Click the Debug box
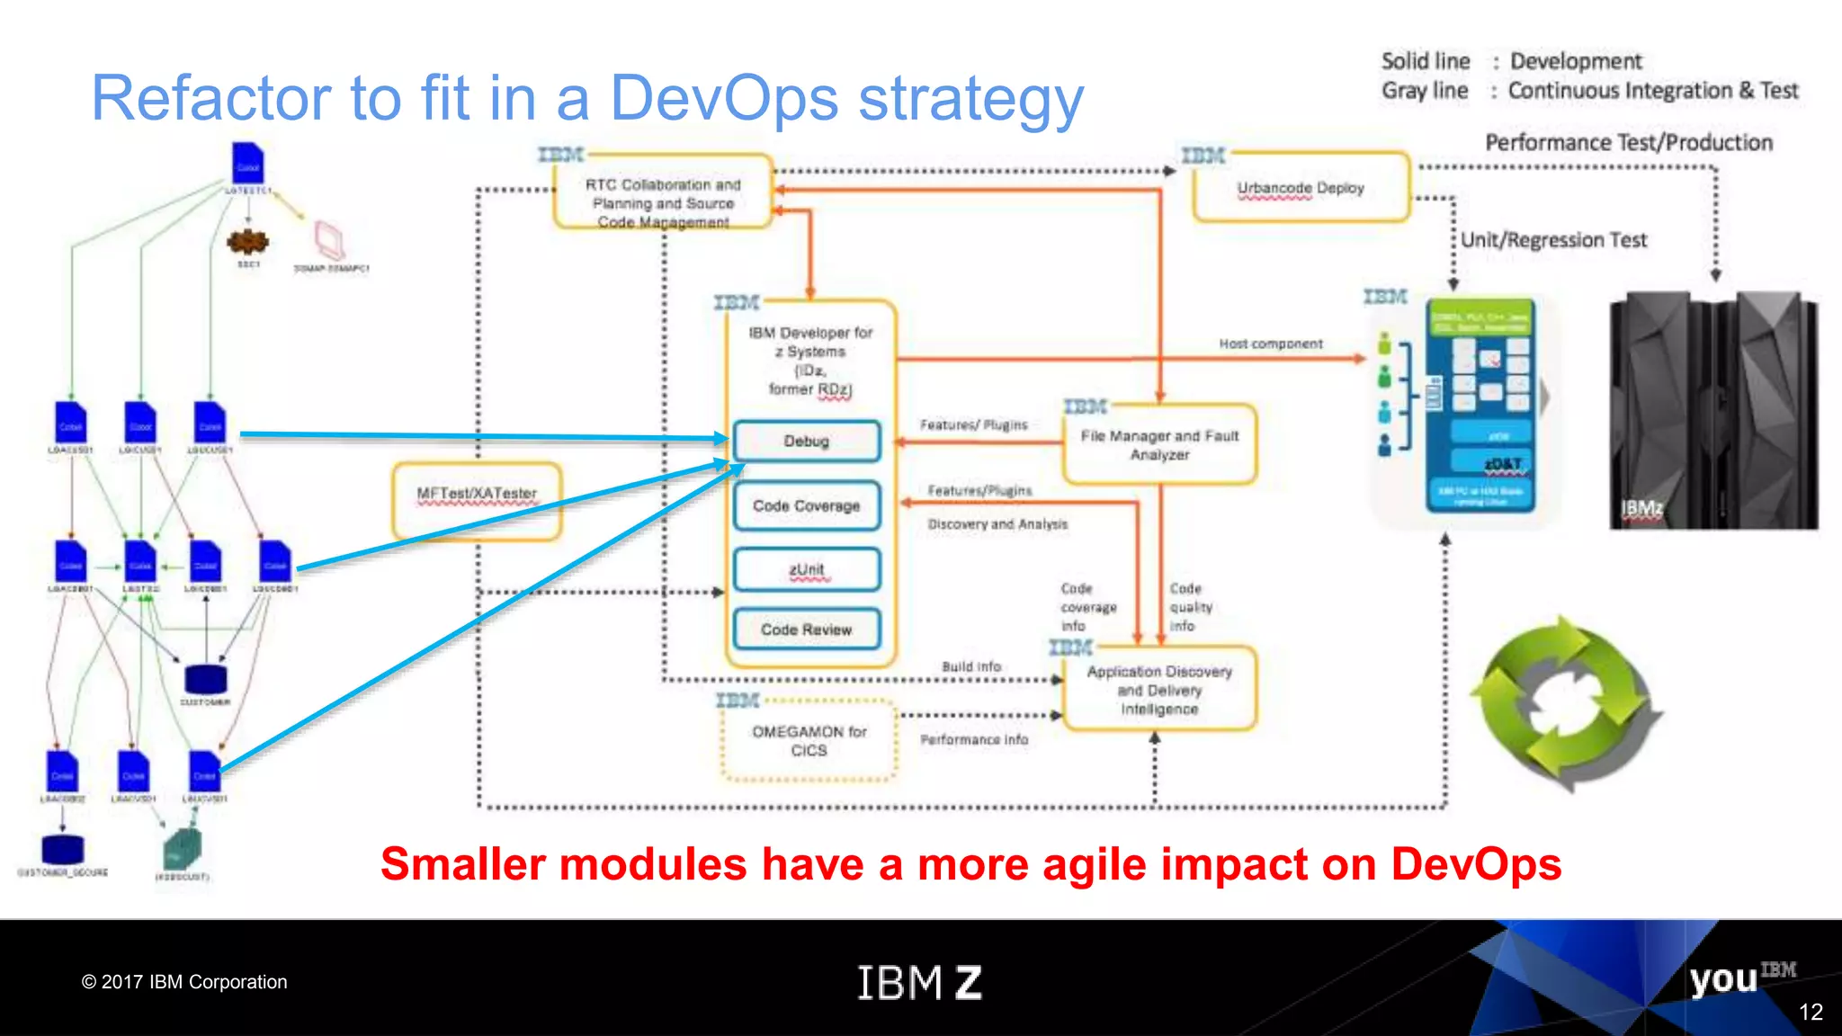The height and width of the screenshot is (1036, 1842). pyautogui.click(x=807, y=441)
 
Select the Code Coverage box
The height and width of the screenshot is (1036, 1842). pyautogui.click(x=807, y=505)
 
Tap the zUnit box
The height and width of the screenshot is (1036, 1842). pyautogui.click(x=807, y=569)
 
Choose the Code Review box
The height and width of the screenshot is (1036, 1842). pyautogui.click(x=807, y=630)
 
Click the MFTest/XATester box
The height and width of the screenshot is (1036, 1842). pyautogui.click(x=477, y=500)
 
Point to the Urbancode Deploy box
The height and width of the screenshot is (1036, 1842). pyautogui.click(x=1301, y=187)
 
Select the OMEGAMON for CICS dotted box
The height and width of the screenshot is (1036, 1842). pyautogui.click(x=809, y=741)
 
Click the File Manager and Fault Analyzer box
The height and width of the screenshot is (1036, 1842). pyautogui.click(x=1159, y=444)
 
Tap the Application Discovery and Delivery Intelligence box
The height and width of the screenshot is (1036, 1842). pyautogui.click(x=1159, y=690)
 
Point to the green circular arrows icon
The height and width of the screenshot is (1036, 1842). pyautogui.click(x=1567, y=702)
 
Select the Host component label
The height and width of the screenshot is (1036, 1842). pyautogui.click(x=1270, y=344)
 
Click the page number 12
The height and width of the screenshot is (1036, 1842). pyautogui.click(x=1810, y=1012)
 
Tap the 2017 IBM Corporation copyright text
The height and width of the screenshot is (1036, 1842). pyautogui.click(x=184, y=982)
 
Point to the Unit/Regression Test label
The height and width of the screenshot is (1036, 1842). pyautogui.click(x=1553, y=240)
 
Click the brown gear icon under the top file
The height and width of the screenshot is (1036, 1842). pyautogui.click(x=247, y=241)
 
